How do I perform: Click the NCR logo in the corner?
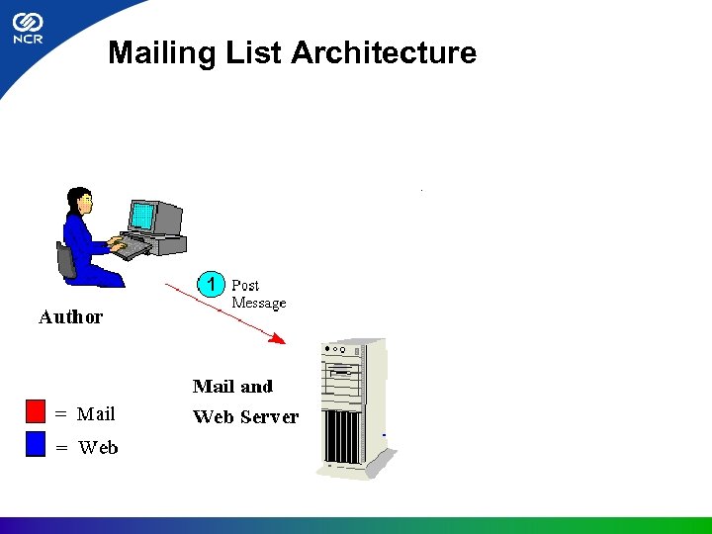28,30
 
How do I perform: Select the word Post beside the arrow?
245,285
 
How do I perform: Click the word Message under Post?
259,303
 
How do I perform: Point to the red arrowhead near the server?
279,340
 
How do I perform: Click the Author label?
70,317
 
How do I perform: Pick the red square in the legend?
37,411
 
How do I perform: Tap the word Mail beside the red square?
96,414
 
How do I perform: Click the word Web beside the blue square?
98,448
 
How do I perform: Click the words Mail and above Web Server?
232,387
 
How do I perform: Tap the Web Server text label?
245,417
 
